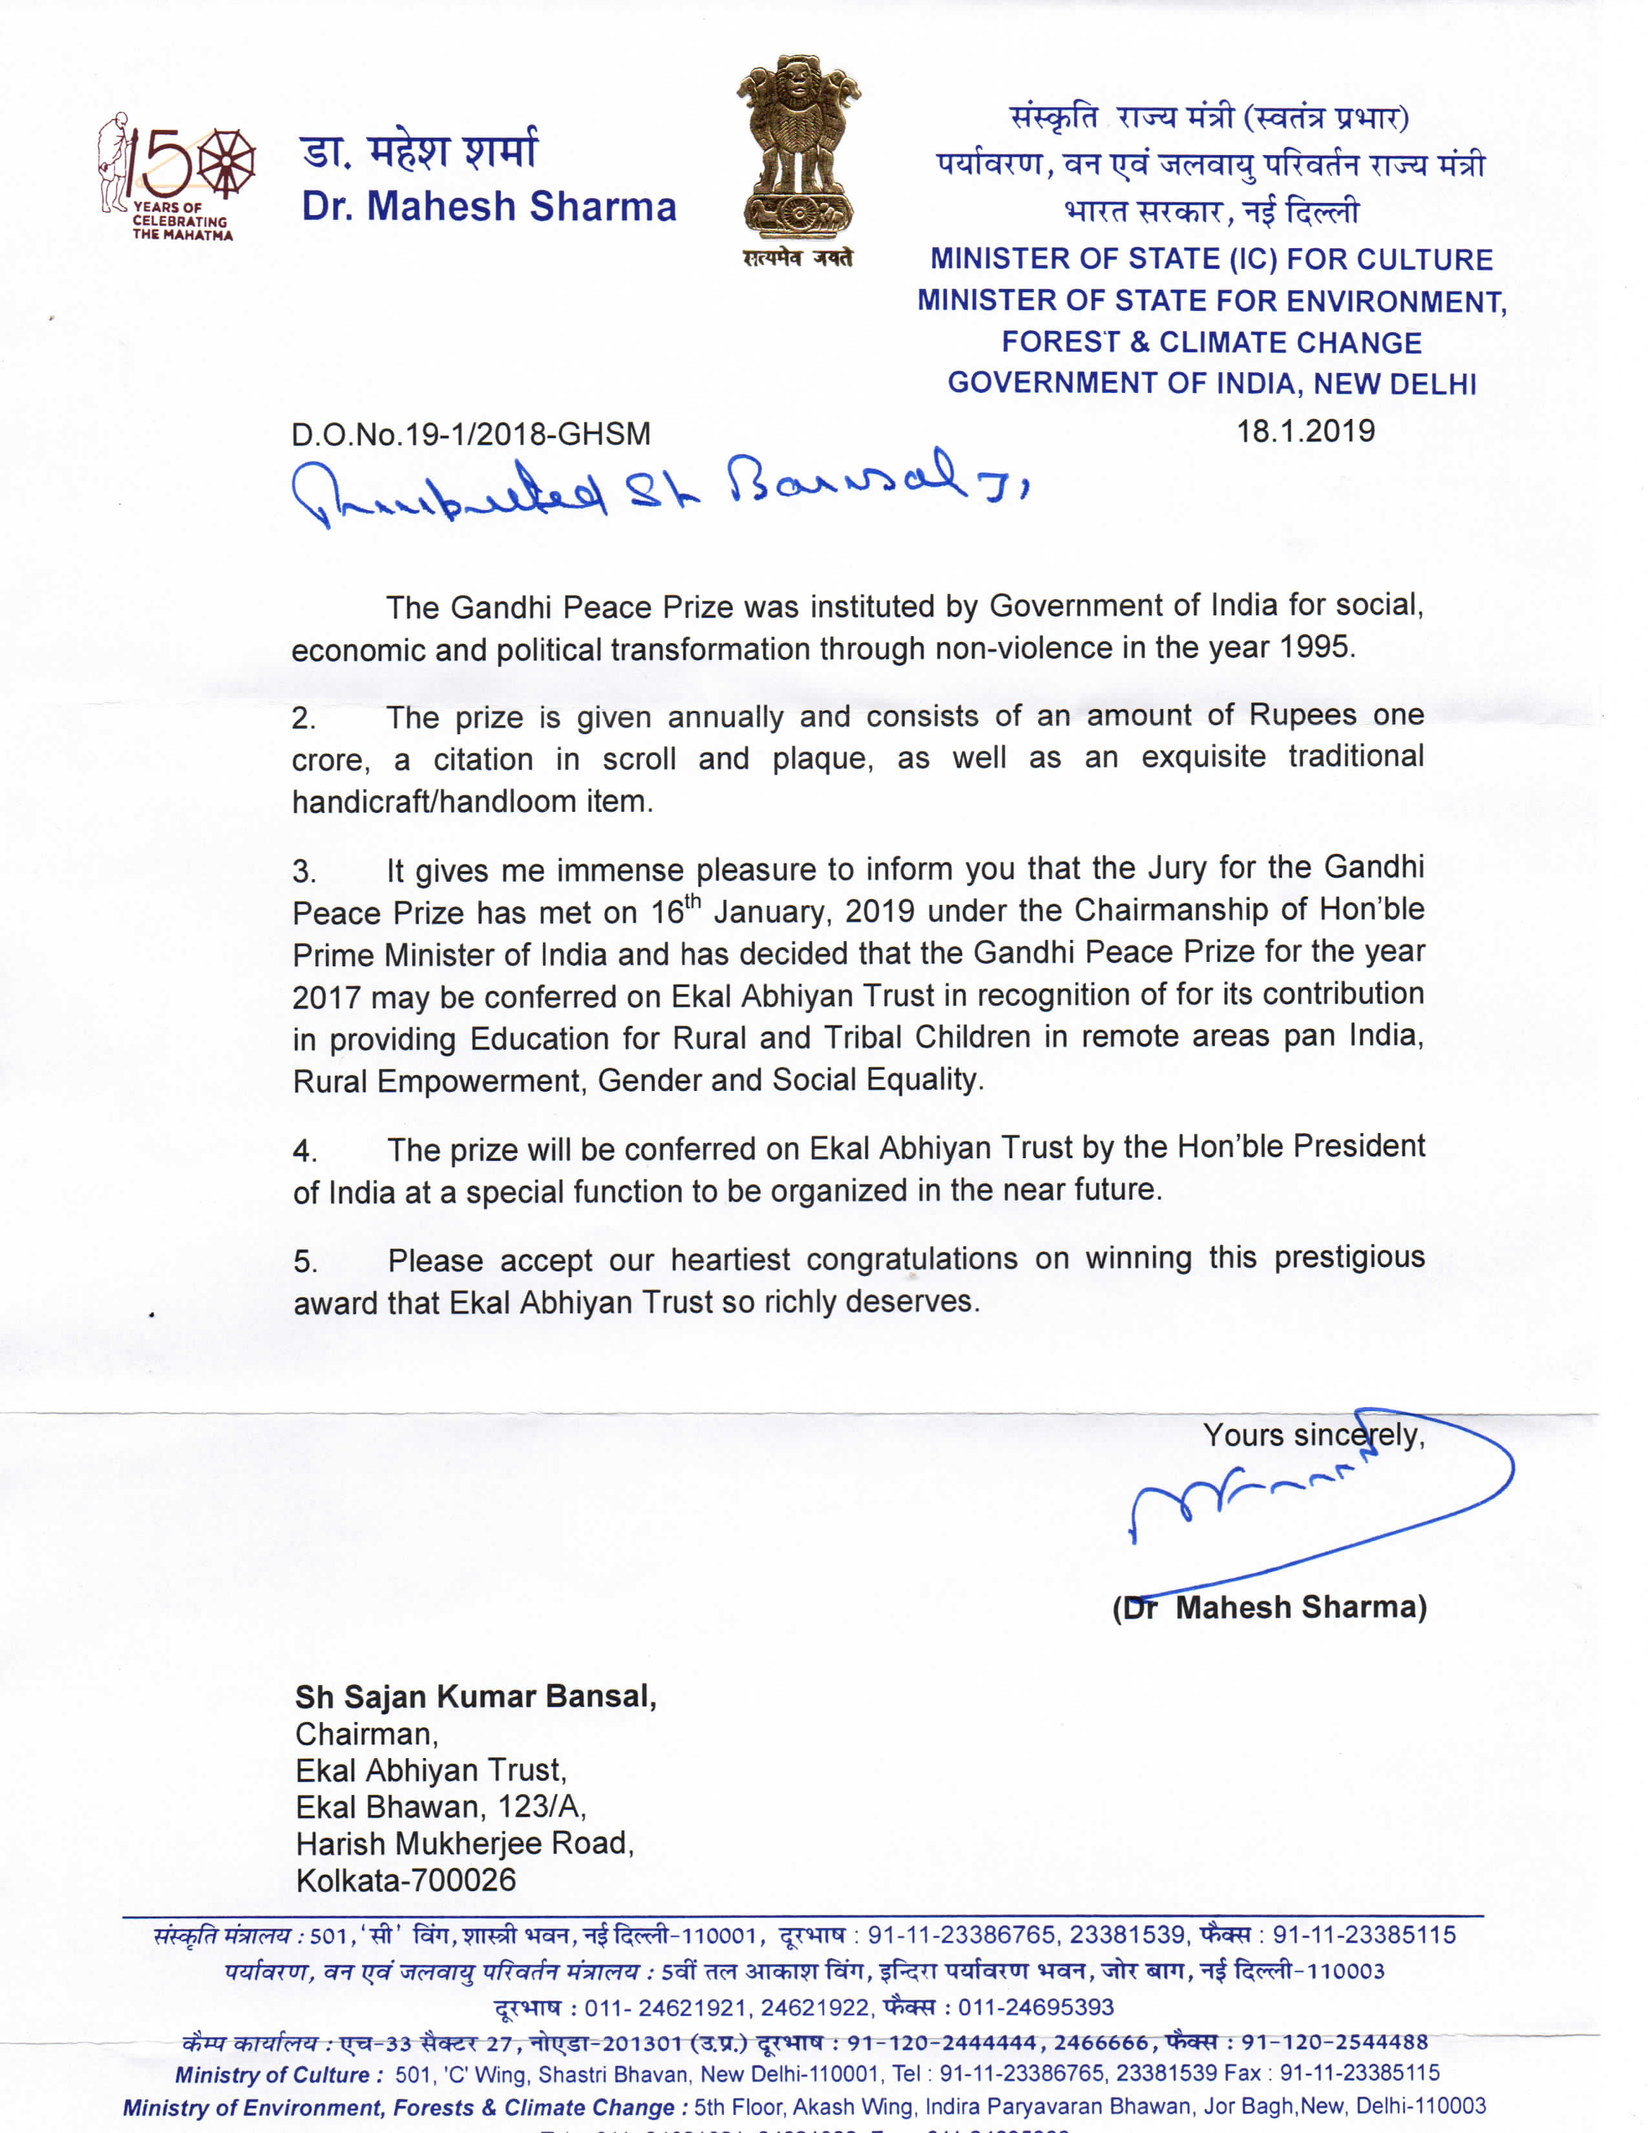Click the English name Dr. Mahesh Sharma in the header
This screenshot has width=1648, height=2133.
[488, 207]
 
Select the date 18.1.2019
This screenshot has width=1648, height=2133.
[1305, 430]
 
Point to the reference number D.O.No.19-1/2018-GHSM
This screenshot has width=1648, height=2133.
[470, 434]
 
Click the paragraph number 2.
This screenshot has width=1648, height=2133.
[304, 719]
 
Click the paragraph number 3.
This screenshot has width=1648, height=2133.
[304, 871]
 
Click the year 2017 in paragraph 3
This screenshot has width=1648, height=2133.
[326, 997]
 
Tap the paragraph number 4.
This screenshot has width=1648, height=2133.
[304, 1151]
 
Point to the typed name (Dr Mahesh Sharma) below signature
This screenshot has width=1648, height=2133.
[1269, 1608]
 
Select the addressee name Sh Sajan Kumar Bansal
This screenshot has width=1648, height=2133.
[476, 1697]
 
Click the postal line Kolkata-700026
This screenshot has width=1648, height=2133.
[405, 1880]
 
